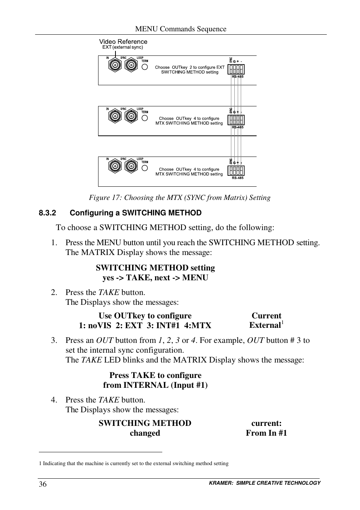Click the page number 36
click(x=43, y=484)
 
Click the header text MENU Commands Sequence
click(x=181, y=29)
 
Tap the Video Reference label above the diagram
click(x=123, y=41)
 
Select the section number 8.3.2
click(x=47, y=213)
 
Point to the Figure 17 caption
click(x=180, y=198)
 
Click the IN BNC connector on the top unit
click(x=115, y=66)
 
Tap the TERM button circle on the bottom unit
click(x=145, y=168)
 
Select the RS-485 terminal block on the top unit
click(x=237, y=69)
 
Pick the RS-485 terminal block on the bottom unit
click(x=237, y=171)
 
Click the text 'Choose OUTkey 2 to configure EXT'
click(x=189, y=67)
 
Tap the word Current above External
click(x=266, y=316)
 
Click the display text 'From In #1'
click(x=266, y=433)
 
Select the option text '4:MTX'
click(x=198, y=326)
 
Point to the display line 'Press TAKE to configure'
click(x=155, y=375)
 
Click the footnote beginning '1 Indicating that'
click(x=134, y=463)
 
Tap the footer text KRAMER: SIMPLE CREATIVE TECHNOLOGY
click(x=265, y=483)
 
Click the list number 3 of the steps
click(x=54, y=340)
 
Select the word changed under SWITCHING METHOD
click(x=145, y=433)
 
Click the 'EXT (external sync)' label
click(x=123, y=48)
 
